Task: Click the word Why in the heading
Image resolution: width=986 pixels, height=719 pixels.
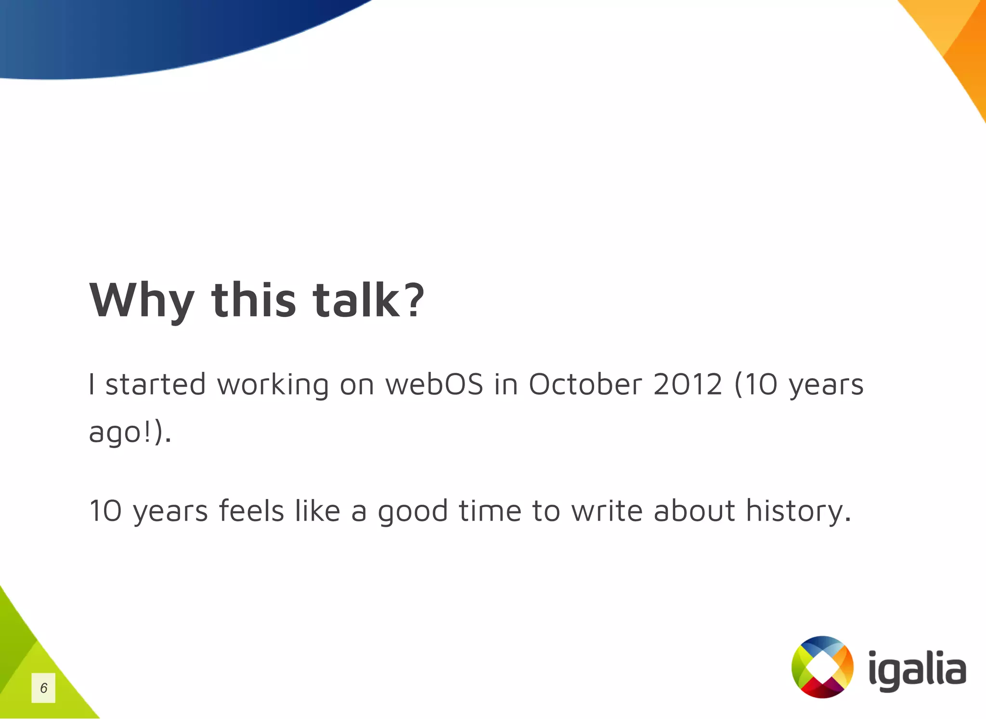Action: tap(142, 300)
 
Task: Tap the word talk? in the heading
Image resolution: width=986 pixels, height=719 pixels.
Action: tap(368, 300)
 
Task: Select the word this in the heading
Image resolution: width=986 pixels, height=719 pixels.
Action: tap(253, 300)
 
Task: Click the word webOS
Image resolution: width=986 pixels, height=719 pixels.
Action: tap(434, 385)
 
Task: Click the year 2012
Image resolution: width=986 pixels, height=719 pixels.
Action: tap(688, 385)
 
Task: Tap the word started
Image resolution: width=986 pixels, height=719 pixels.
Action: tap(156, 385)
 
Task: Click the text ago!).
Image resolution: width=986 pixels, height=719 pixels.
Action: tap(130, 432)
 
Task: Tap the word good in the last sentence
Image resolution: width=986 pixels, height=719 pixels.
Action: tap(413, 511)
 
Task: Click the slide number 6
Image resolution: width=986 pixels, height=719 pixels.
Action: tap(43, 688)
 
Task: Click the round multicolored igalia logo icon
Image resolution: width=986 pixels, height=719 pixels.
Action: tap(822, 667)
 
